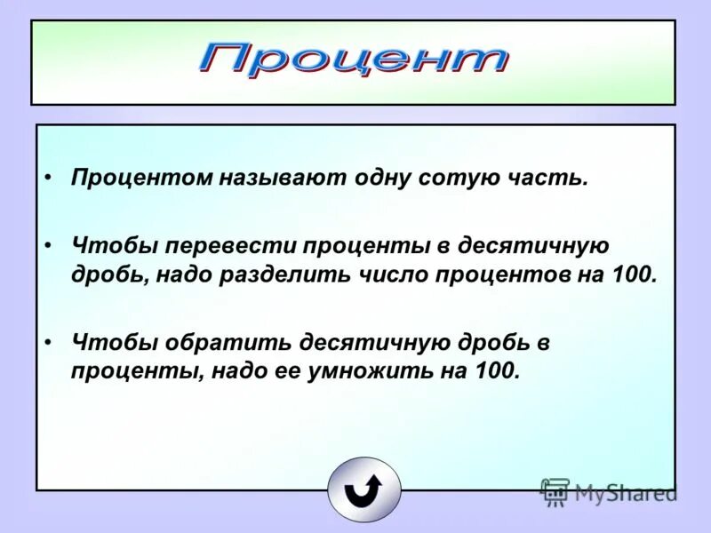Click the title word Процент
pyautogui.click(x=354, y=60)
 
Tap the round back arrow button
pyautogui.click(x=363, y=489)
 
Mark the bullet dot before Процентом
pyautogui.click(x=51, y=178)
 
